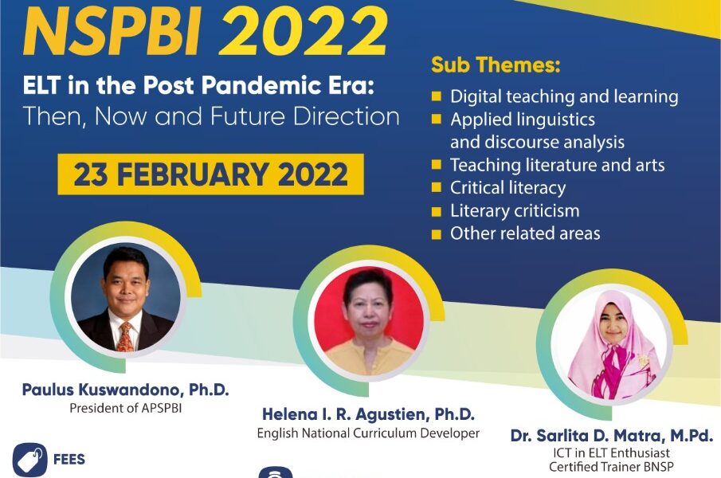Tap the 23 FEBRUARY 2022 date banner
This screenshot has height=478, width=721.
click(210, 174)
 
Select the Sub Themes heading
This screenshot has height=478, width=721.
click(496, 65)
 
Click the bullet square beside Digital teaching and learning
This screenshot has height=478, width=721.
click(437, 97)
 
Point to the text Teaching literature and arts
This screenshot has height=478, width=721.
click(557, 166)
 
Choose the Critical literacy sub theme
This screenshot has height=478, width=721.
click(507, 188)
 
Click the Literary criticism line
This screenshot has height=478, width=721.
click(515, 211)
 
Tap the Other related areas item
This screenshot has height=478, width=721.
click(525, 233)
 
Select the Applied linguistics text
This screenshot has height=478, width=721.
click(522, 119)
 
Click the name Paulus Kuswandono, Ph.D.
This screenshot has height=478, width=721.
click(125, 390)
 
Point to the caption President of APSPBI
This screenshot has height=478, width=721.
click(125, 409)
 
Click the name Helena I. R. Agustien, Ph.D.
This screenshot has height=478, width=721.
click(368, 414)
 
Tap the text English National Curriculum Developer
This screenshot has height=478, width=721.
click(368, 433)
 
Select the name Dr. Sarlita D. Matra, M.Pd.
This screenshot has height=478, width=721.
click(612, 436)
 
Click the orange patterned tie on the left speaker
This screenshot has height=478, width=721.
click(125, 335)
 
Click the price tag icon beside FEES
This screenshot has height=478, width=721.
click(29, 460)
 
